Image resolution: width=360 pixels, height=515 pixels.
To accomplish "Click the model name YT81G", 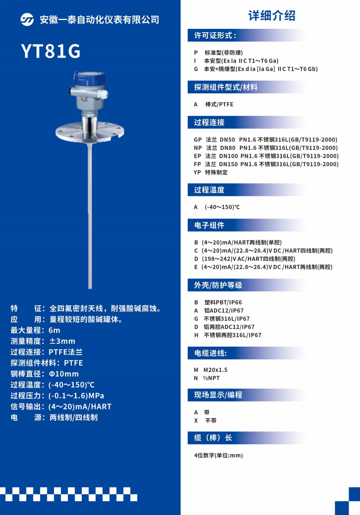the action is tap(51, 51).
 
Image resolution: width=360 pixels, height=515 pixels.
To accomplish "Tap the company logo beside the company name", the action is tap(27, 20).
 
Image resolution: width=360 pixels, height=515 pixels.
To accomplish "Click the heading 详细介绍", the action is tap(272, 15).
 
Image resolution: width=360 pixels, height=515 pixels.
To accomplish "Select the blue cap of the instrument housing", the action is tap(89, 78).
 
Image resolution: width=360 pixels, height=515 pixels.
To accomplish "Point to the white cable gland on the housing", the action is tap(104, 94).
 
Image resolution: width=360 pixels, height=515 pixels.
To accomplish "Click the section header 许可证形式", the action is tap(215, 36).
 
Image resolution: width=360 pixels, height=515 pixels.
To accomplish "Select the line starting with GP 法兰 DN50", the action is tap(266, 139).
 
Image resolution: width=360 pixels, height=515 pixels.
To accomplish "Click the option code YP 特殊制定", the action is tap(211, 172).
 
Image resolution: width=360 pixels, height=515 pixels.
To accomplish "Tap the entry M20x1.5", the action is tap(215, 370).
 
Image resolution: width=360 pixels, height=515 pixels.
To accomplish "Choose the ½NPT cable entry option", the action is tap(211, 378).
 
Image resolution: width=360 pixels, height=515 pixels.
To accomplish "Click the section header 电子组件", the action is tap(209, 225).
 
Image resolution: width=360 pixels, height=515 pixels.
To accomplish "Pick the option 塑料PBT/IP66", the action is tap(223, 302).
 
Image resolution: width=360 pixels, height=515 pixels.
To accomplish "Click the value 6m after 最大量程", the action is tap(54, 330).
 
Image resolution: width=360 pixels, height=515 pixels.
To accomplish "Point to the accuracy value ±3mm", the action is tap(62, 341).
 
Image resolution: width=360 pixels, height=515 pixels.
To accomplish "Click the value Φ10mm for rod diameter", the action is tap(64, 374).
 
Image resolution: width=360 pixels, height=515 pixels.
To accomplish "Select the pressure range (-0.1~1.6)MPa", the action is tap(76, 395).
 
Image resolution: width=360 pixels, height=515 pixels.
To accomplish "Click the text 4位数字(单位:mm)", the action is tap(218, 455).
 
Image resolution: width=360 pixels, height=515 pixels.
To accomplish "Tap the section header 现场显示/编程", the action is tap(218, 395).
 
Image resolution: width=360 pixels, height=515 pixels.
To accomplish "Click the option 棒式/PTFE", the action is tap(219, 104).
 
